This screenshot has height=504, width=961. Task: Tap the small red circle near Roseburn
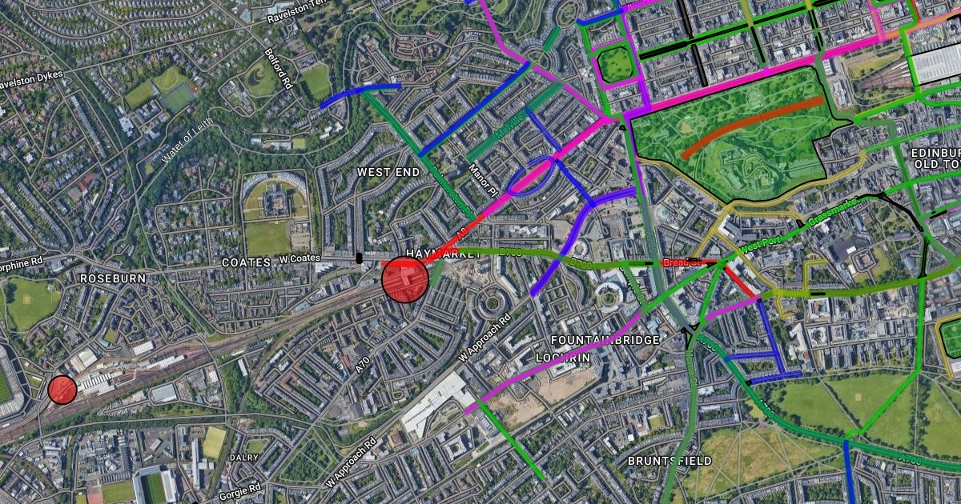pyautogui.click(x=62, y=390)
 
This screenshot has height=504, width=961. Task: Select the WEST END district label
pyautogui.click(x=388, y=172)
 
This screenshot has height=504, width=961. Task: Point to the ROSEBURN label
pyautogui.click(x=112, y=278)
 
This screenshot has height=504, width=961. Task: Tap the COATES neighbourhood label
pyautogui.click(x=246, y=262)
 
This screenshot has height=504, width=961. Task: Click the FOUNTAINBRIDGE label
pyautogui.click(x=605, y=340)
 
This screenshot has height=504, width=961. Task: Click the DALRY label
pyautogui.click(x=243, y=458)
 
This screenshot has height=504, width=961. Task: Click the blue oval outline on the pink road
pyautogui.click(x=530, y=176)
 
